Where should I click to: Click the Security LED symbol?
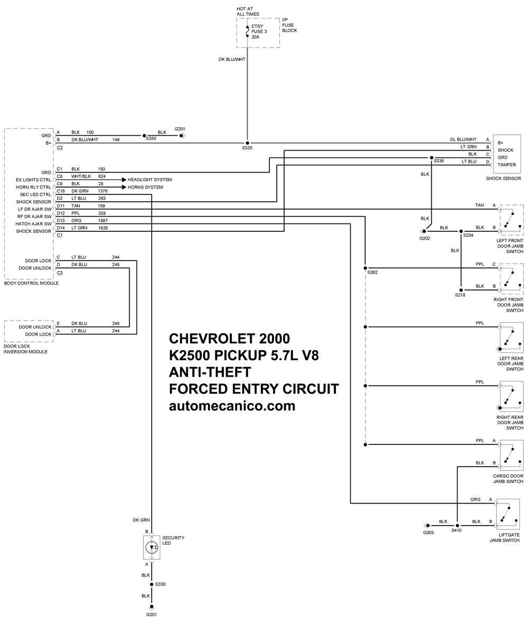152,547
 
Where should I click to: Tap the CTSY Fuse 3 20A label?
259,32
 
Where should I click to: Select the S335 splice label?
247,148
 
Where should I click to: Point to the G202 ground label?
424,238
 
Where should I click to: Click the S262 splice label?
372,272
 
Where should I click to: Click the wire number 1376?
103,191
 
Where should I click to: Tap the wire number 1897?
103,220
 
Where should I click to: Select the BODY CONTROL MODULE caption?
31,283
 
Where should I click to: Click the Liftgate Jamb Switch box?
508,514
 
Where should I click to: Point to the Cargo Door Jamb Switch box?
512,455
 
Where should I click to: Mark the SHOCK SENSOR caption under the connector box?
504,179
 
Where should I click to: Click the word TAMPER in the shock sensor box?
507,165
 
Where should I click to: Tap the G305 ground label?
428,533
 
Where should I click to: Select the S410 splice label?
457,530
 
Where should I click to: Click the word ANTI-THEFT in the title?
210,372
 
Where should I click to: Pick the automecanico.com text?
232,406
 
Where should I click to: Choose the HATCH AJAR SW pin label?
33,224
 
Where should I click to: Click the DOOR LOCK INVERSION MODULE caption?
25,349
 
